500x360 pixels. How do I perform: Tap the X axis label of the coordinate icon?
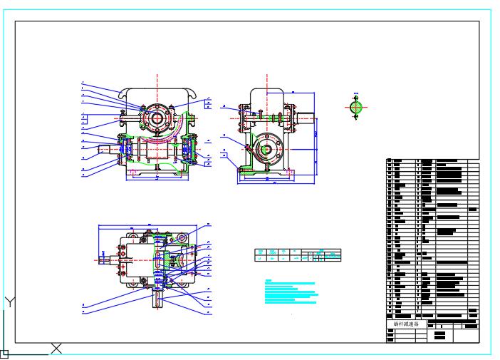click(x=56, y=348)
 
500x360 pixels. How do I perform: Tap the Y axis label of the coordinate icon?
click(x=9, y=301)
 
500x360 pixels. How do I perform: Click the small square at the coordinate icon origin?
click(x=4, y=352)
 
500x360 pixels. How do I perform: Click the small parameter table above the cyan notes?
click(x=298, y=255)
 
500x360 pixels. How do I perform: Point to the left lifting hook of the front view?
click(x=124, y=95)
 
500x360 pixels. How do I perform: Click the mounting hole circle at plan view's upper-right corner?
click(x=183, y=237)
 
